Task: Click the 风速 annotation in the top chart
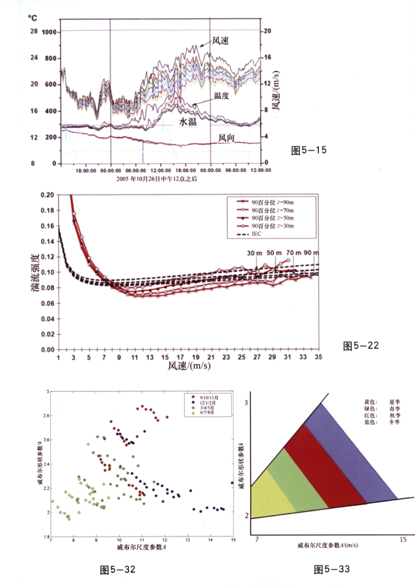[221, 41]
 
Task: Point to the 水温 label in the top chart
[188, 122]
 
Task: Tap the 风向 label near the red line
[227, 138]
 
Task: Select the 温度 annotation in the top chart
[221, 96]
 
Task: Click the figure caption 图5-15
[308, 151]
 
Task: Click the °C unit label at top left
[33, 18]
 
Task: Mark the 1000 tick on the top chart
[49, 32]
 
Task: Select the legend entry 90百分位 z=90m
[273, 202]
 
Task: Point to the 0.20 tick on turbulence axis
[48, 195]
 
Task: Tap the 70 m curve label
[293, 253]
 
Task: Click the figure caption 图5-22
[361, 346]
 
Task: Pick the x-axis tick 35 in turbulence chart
[318, 357]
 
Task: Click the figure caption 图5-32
[118, 570]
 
